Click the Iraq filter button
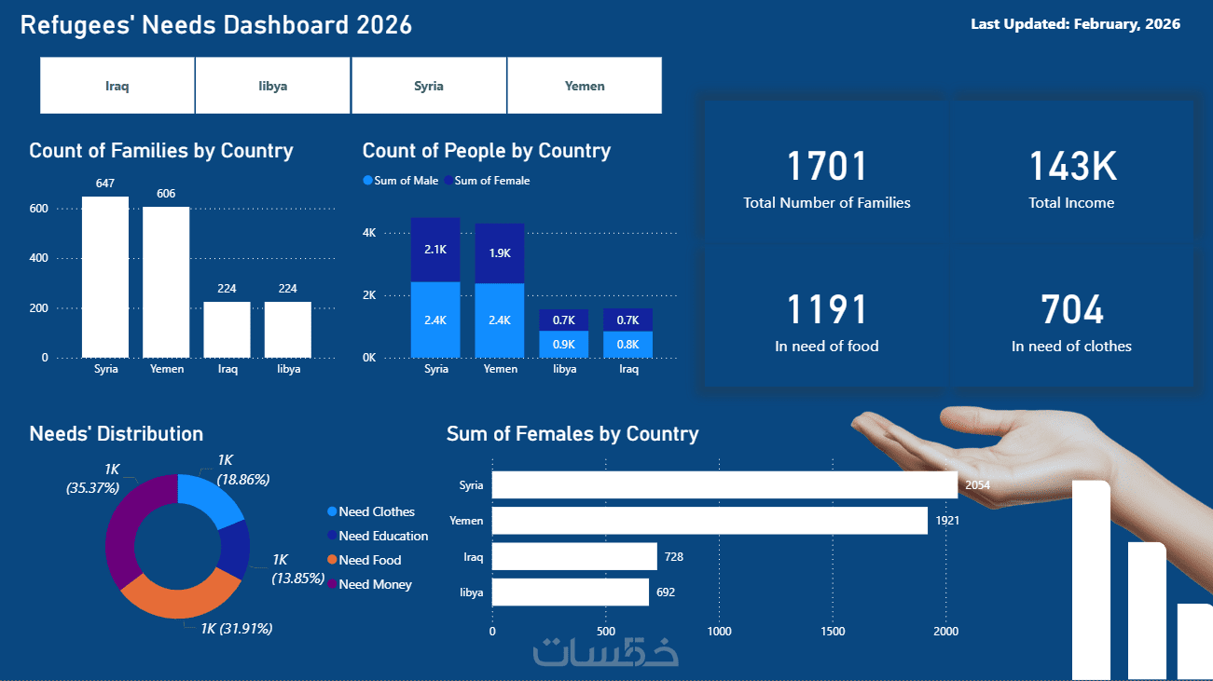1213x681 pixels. [117, 86]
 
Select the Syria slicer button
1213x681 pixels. [429, 86]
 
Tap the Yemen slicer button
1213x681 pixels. [585, 86]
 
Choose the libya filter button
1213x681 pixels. [273, 86]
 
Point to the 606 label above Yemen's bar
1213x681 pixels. [166, 194]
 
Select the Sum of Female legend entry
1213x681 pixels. [487, 181]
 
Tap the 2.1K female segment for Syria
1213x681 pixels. [435, 250]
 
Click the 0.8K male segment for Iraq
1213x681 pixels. [628, 345]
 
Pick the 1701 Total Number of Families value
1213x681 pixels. [826, 167]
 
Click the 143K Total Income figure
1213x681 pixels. [1071, 167]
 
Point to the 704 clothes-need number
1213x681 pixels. [1071, 310]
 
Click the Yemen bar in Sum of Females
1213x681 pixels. [709, 521]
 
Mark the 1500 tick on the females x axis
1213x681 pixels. [834, 632]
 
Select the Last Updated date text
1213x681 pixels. [1075, 24]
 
